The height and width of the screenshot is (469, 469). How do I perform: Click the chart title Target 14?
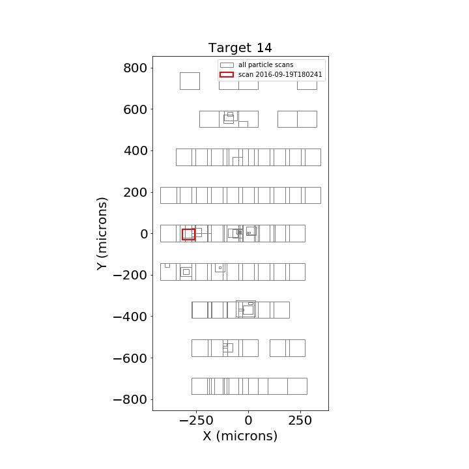pyautogui.click(x=240, y=48)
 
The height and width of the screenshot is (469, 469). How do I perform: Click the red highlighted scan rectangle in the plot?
pyautogui.click(x=182, y=234)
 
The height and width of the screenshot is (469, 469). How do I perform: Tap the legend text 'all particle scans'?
pyautogui.click(x=266, y=64)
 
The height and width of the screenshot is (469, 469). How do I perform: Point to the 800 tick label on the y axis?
pyautogui.click(x=135, y=68)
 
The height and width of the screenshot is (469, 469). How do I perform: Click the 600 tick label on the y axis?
pyautogui.click(x=135, y=109)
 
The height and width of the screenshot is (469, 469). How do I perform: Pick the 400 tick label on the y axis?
pyautogui.click(x=135, y=150)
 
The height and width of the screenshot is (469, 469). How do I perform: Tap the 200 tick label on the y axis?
pyautogui.click(x=135, y=192)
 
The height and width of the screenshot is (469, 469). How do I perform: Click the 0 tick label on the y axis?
pyautogui.click(x=144, y=234)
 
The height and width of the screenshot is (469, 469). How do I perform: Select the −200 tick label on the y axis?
pyautogui.click(x=130, y=275)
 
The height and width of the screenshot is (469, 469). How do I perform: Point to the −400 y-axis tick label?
pyautogui.click(x=130, y=317)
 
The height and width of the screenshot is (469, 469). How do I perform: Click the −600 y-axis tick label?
pyautogui.click(x=130, y=358)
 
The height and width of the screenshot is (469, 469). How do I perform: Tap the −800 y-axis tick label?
pyautogui.click(x=130, y=399)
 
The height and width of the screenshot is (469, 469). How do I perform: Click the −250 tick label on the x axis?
pyautogui.click(x=196, y=421)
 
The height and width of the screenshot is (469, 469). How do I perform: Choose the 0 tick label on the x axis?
pyautogui.click(x=248, y=421)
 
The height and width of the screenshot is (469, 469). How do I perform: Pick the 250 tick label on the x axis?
pyautogui.click(x=300, y=421)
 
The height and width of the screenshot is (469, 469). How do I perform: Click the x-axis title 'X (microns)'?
pyautogui.click(x=240, y=436)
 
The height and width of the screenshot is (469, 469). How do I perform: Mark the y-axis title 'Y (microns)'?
pyautogui.click(x=102, y=234)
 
